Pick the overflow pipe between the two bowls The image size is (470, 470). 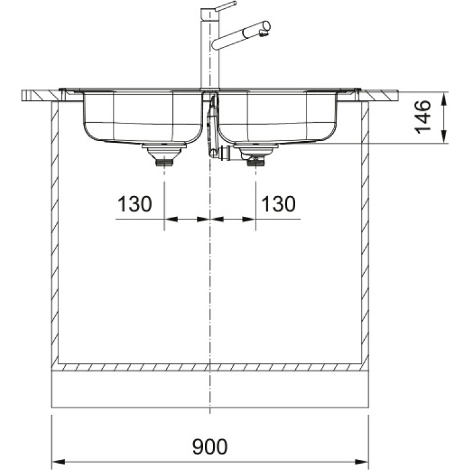(x=212, y=125)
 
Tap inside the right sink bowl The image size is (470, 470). (x=276, y=116)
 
